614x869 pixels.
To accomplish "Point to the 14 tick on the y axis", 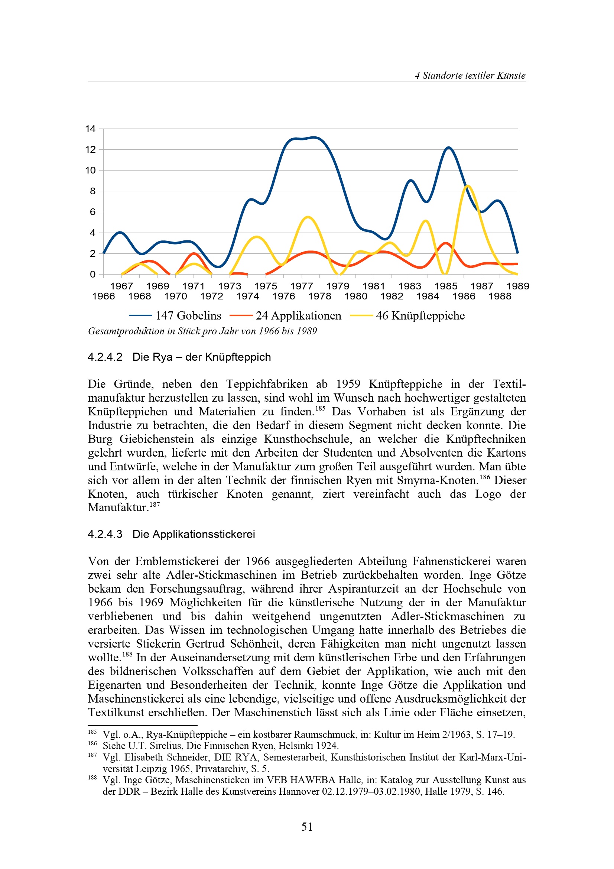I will [90, 129].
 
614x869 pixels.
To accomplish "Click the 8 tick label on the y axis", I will [93, 191].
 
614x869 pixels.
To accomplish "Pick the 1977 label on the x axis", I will [302, 286].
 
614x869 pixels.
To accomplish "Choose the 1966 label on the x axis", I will [103, 296].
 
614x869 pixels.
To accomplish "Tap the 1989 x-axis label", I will [517, 286].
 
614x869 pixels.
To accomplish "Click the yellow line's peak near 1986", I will [468, 186].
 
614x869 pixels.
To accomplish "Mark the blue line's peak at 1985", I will [449, 147].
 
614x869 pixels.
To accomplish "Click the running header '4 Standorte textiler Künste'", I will [470, 75].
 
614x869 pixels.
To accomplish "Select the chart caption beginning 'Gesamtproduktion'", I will [202, 331].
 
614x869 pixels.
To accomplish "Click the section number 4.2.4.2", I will [105, 357].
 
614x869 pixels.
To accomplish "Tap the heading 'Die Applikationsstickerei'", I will [194, 534].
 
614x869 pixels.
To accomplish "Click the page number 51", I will [307, 827].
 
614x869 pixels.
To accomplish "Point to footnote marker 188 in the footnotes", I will [92, 777].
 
